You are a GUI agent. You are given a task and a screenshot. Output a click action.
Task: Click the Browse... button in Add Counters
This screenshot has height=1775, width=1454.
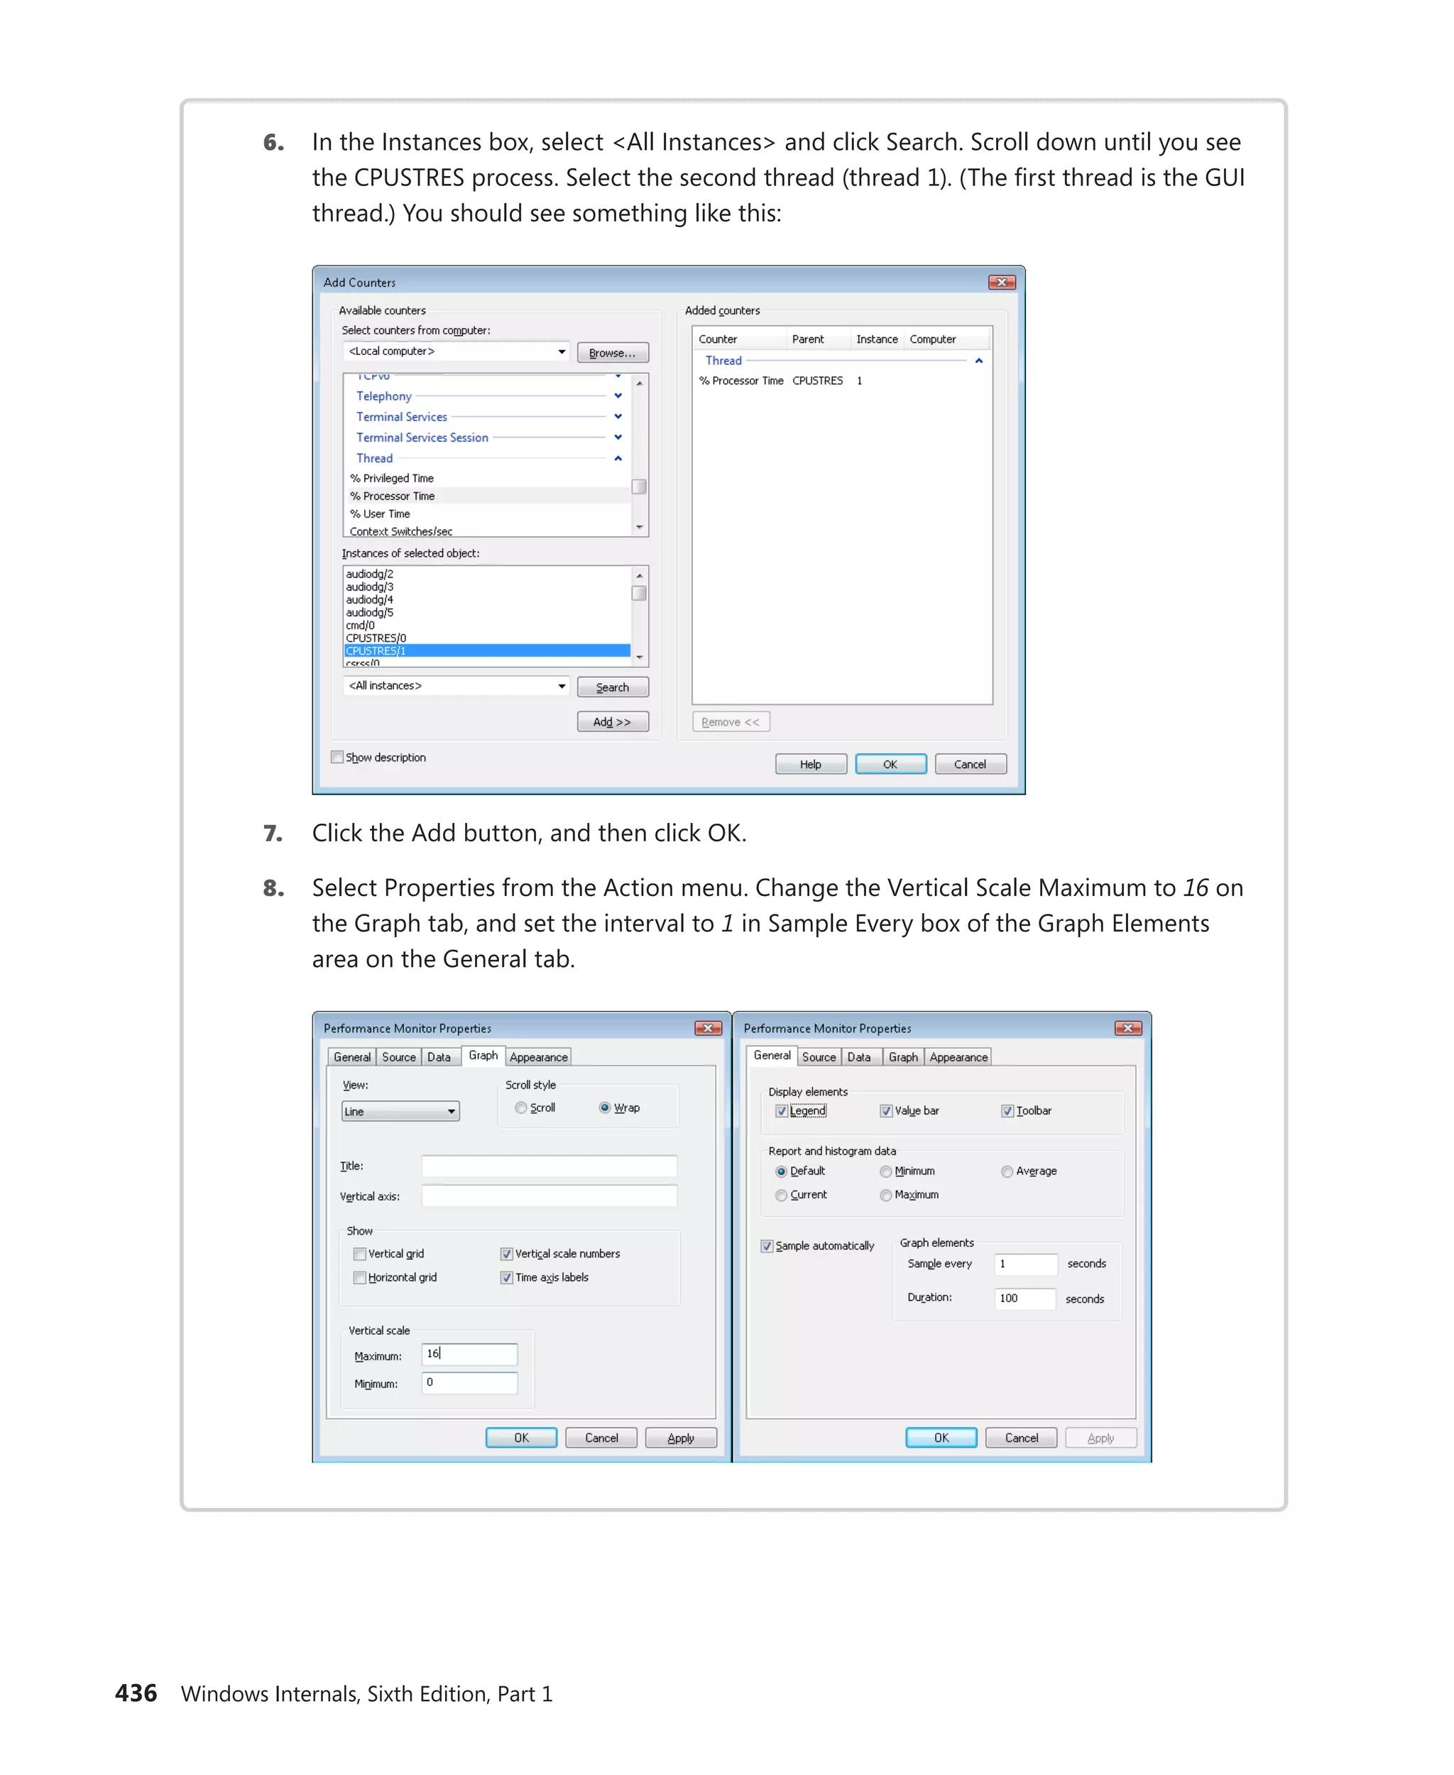(x=612, y=353)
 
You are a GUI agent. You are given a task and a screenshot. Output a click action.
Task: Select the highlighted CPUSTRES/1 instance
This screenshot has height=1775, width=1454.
(x=486, y=651)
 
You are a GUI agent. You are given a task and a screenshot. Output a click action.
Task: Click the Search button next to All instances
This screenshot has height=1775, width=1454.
(x=612, y=687)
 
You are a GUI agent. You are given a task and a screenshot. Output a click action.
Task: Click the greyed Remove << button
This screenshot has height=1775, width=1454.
(x=731, y=722)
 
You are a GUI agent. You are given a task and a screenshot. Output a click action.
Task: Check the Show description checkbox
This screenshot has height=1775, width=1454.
(x=337, y=758)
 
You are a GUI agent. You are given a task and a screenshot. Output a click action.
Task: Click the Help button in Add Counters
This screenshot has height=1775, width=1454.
(x=810, y=764)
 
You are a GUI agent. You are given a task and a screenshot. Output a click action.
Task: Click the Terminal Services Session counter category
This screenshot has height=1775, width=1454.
(x=422, y=437)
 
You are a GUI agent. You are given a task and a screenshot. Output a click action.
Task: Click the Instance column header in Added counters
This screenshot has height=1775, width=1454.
(x=876, y=339)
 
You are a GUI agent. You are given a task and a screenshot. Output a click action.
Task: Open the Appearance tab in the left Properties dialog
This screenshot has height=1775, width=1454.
(x=539, y=1057)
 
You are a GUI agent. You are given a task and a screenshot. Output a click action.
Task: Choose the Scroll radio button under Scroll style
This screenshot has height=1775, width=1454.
(x=521, y=1108)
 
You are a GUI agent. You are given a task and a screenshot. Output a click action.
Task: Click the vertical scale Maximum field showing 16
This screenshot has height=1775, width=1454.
(x=469, y=1354)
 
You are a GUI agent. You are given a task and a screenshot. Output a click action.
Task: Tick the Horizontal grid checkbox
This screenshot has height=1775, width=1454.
(x=360, y=1277)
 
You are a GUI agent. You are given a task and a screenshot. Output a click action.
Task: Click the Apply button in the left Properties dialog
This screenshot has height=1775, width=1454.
(x=680, y=1438)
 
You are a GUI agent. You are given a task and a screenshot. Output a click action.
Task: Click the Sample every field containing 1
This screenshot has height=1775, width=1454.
(x=1024, y=1263)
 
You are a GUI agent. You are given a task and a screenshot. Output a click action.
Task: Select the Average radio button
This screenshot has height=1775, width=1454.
(x=1007, y=1171)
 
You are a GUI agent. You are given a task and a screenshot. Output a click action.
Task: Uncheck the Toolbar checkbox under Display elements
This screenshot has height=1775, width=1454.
(x=1007, y=1110)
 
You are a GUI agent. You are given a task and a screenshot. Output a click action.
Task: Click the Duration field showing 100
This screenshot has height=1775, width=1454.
(x=1024, y=1299)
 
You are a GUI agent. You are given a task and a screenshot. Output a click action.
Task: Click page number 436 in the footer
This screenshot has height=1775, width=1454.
(x=136, y=1693)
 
